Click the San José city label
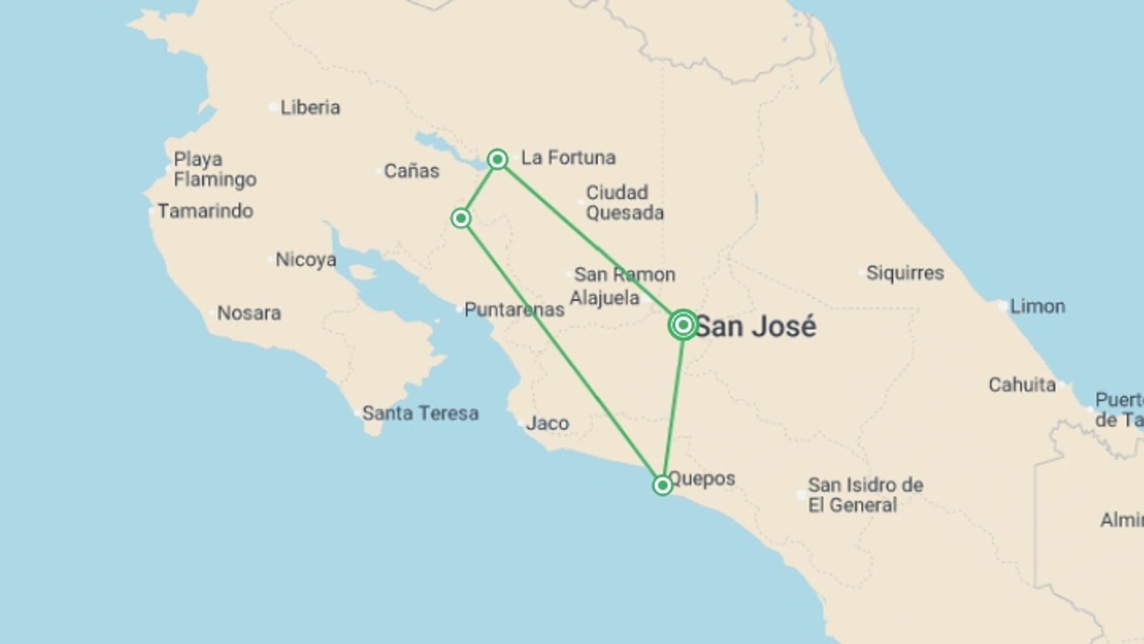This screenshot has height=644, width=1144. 756,327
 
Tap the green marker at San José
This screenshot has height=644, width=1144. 683,325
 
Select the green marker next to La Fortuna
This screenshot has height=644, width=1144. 498,159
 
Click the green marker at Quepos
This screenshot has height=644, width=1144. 662,485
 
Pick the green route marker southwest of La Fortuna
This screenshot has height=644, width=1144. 461,218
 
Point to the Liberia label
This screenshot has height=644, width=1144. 310,107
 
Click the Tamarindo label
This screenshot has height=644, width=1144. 205,211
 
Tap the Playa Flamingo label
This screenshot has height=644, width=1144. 214,169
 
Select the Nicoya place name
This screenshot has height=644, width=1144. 306,259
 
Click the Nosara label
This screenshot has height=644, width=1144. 248,313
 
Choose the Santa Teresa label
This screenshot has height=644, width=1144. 420,413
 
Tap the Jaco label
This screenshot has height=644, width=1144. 547,423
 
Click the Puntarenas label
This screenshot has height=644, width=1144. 514,309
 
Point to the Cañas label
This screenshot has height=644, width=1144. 411,171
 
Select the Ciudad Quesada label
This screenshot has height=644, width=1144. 624,203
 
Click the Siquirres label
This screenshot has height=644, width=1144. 904,273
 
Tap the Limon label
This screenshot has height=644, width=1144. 1037,306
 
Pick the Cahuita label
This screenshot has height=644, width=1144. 1022,385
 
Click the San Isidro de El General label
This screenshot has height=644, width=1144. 865,495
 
